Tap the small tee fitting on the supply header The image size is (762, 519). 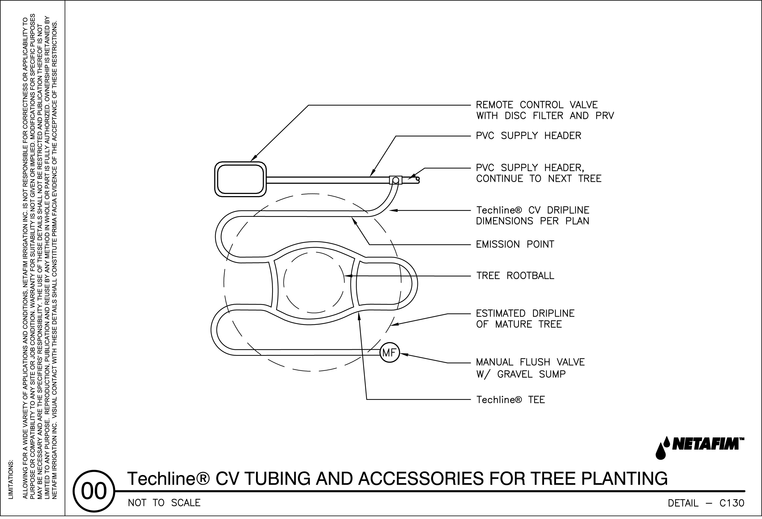point(395,180)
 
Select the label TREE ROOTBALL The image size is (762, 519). point(515,275)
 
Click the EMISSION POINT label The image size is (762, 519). point(515,244)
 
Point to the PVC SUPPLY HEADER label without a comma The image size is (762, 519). point(528,136)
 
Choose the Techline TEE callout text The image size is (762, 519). point(510,400)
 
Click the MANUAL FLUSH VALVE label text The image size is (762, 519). point(530,362)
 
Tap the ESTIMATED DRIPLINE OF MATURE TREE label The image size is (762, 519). point(525,319)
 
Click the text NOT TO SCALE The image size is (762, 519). point(164,503)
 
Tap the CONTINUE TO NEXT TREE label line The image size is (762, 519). point(538,179)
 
